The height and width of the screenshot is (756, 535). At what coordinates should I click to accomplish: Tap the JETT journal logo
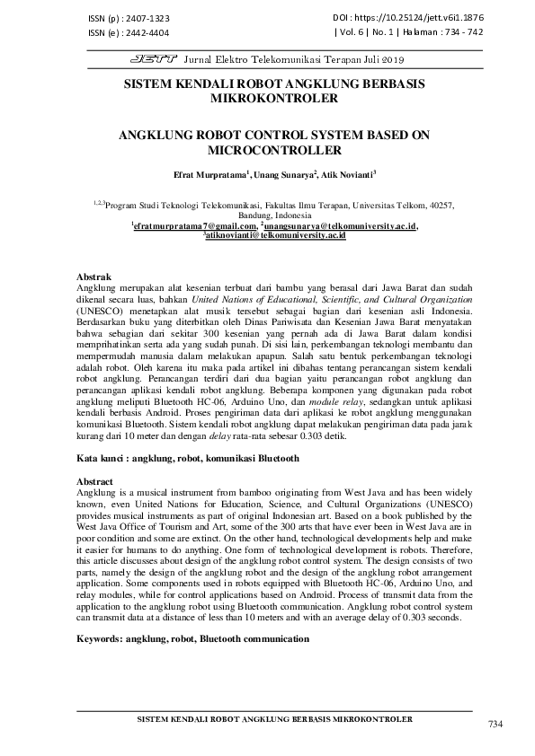tap(155, 59)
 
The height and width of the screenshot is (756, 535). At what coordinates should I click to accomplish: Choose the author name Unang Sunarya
tap(286, 173)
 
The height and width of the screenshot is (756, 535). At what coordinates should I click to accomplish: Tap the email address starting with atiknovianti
tap(275, 235)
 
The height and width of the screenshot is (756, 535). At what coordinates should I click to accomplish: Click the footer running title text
tap(273, 720)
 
